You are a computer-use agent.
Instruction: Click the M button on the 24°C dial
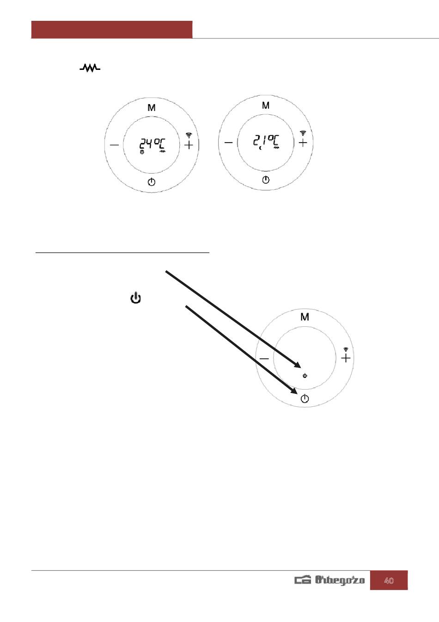152,108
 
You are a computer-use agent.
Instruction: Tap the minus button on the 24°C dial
114,145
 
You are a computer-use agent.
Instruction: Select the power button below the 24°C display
152,182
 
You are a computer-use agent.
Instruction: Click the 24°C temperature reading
152,144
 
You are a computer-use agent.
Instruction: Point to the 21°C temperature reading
266,141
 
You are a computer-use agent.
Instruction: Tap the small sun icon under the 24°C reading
142,152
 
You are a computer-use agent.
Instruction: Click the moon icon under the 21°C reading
261,148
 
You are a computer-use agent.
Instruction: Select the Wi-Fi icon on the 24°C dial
189,136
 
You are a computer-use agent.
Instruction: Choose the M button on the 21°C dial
266,106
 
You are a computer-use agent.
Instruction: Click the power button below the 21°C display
266,180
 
